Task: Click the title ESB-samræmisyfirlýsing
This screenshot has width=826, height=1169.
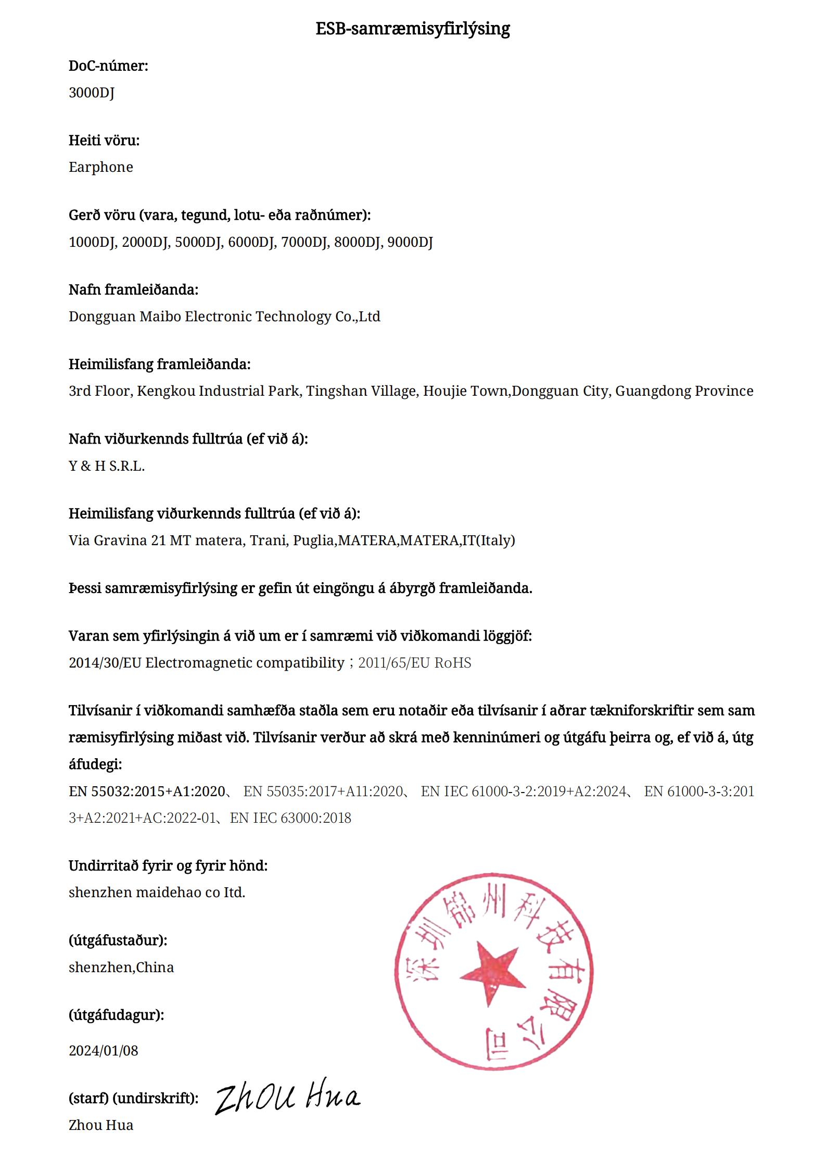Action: [x=412, y=28]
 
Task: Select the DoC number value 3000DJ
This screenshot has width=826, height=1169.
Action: [x=92, y=92]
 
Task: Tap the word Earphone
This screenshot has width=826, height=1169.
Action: [x=101, y=167]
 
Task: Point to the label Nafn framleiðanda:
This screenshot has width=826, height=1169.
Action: [x=133, y=290]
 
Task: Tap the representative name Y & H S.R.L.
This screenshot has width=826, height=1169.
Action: [x=107, y=466]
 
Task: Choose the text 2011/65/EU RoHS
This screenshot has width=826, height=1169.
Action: [x=415, y=663]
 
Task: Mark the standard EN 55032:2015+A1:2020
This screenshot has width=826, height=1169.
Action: [x=147, y=791]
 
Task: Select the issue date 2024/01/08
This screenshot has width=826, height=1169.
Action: [x=104, y=1051]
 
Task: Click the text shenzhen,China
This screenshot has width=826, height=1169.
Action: [x=121, y=967]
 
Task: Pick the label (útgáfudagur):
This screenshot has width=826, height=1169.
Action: [x=116, y=1015]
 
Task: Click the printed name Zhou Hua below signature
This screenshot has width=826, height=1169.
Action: [x=101, y=1125]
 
